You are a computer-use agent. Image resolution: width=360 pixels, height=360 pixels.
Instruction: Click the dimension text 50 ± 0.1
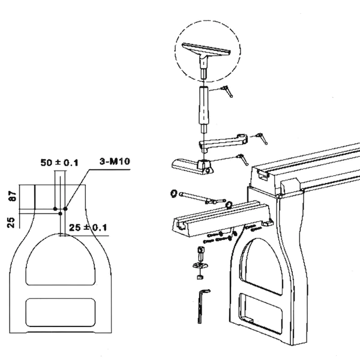coord(59,163)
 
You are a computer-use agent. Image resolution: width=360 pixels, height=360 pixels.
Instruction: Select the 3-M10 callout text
coord(115,161)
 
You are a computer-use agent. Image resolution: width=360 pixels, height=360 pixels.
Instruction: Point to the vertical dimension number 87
coord(13,196)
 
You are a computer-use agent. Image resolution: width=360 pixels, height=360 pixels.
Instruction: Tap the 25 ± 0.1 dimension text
coord(88,227)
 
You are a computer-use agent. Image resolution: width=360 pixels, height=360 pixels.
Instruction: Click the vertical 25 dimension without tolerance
coord(11,223)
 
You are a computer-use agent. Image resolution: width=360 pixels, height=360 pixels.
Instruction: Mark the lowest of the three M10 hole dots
coord(61,214)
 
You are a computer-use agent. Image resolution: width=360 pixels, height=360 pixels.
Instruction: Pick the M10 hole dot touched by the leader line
coord(65,209)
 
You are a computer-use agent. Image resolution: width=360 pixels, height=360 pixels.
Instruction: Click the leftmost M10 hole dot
coord(55,209)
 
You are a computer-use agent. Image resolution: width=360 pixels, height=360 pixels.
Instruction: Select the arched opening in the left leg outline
coord(60,259)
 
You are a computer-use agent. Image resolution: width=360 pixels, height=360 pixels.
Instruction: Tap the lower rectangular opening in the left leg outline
coord(61,313)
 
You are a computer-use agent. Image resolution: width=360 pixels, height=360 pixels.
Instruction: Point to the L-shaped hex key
coord(203,306)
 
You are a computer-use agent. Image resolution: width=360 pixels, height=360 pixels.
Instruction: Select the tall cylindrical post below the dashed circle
coord(203,110)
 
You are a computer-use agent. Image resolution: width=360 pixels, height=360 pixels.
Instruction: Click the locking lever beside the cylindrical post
coord(227,91)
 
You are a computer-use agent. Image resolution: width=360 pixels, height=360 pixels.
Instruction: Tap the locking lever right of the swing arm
coord(262,139)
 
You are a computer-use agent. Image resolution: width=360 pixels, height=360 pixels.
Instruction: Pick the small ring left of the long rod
coord(174,193)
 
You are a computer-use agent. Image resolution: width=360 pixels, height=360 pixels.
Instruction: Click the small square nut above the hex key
coord(199,277)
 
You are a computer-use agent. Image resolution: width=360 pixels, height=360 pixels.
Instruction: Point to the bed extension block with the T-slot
coord(221,219)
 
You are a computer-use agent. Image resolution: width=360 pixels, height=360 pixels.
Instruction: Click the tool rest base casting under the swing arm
coord(193,167)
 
